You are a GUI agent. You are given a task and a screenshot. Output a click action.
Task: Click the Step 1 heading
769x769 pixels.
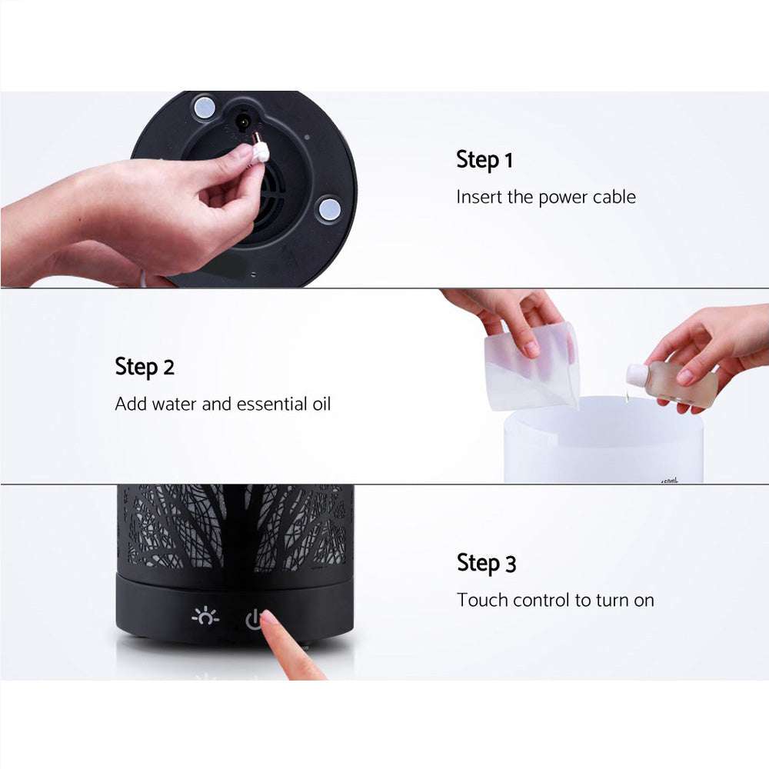(484, 160)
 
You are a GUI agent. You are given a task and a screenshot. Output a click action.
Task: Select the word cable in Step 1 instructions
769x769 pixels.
(614, 197)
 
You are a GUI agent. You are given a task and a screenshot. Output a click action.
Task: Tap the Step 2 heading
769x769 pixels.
(145, 367)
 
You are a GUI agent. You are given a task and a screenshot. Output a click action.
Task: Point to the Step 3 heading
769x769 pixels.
(486, 563)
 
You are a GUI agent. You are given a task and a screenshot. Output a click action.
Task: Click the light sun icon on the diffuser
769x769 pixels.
(205, 617)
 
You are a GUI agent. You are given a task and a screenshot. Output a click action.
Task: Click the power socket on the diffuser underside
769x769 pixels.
(245, 122)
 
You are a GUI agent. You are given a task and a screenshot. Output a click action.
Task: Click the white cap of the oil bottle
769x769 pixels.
(637, 375)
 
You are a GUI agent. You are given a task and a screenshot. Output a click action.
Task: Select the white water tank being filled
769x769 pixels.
(603, 446)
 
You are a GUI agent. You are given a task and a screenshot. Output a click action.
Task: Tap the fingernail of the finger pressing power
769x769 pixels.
(270, 618)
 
